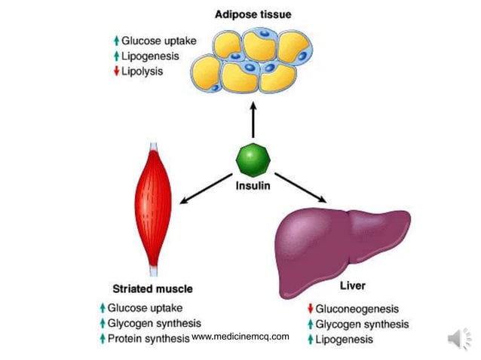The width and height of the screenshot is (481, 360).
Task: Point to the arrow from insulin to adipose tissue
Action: [x=253, y=121]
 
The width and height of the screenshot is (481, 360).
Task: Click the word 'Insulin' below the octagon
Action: [x=253, y=184]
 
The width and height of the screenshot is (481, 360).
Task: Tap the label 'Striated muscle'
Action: [x=152, y=288]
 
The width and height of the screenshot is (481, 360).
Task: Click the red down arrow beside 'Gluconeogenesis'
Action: [x=309, y=310]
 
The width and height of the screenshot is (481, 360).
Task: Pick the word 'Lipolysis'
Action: [x=142, y=72]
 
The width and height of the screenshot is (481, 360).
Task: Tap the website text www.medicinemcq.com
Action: [x=240, y=337]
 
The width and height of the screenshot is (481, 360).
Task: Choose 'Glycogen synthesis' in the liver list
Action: [x=362, y=325]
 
